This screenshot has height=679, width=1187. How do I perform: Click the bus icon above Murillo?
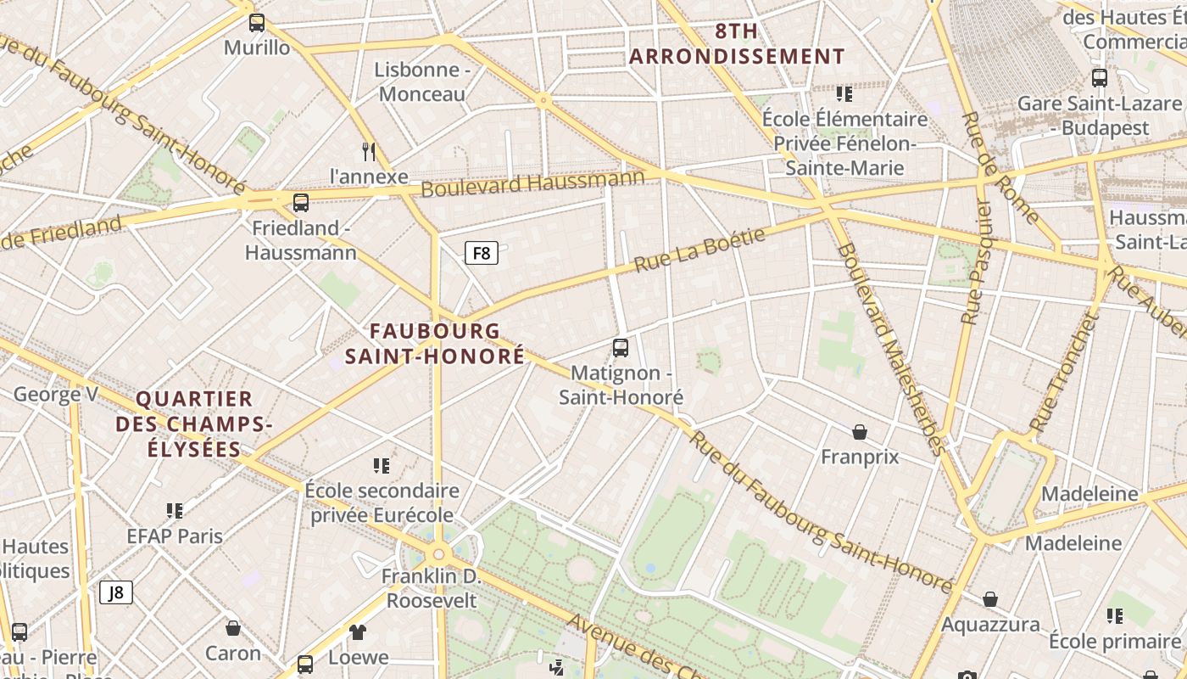tap(257, 23)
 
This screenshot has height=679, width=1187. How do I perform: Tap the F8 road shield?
tap(481, 252)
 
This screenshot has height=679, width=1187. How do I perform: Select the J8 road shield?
tap(116, 592)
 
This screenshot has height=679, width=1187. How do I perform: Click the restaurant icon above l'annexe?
tap(368, 152)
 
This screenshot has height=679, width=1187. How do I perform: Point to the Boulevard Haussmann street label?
tap(532, 182)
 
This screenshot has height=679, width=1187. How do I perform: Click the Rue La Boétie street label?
tap(699, 250)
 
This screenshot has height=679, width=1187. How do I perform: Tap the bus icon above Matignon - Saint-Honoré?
tap(621, 347)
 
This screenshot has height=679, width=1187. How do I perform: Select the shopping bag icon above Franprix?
tap(860, 432)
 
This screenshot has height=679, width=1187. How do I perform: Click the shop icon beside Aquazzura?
tap(990, 599)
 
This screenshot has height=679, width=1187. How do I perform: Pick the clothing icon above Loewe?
tap(358, 631)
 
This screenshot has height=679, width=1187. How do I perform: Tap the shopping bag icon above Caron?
tap(233, 628)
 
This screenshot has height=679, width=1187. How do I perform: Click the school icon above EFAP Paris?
tap(175, 510)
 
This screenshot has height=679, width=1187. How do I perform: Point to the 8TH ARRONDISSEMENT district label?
tap(737, 45)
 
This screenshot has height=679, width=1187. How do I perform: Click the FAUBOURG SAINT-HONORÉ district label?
tap(447, 343)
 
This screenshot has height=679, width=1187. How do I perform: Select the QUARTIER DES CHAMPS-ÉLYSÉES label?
tap(194, 423)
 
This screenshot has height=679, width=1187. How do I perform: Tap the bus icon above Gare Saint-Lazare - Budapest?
tap(1099, 78)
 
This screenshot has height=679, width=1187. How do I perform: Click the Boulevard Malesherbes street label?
tap(890, 348)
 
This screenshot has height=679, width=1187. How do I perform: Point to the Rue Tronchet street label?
tap(1064, 372)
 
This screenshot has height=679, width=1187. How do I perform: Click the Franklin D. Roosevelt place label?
tap(432, 588)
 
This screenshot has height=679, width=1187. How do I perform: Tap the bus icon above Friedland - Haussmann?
tap(301, 203)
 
